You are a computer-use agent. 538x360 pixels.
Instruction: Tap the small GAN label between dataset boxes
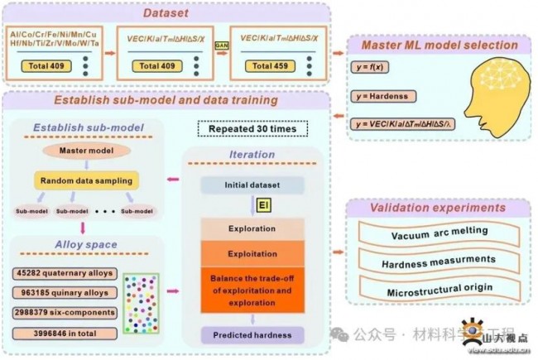pos(222,47)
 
